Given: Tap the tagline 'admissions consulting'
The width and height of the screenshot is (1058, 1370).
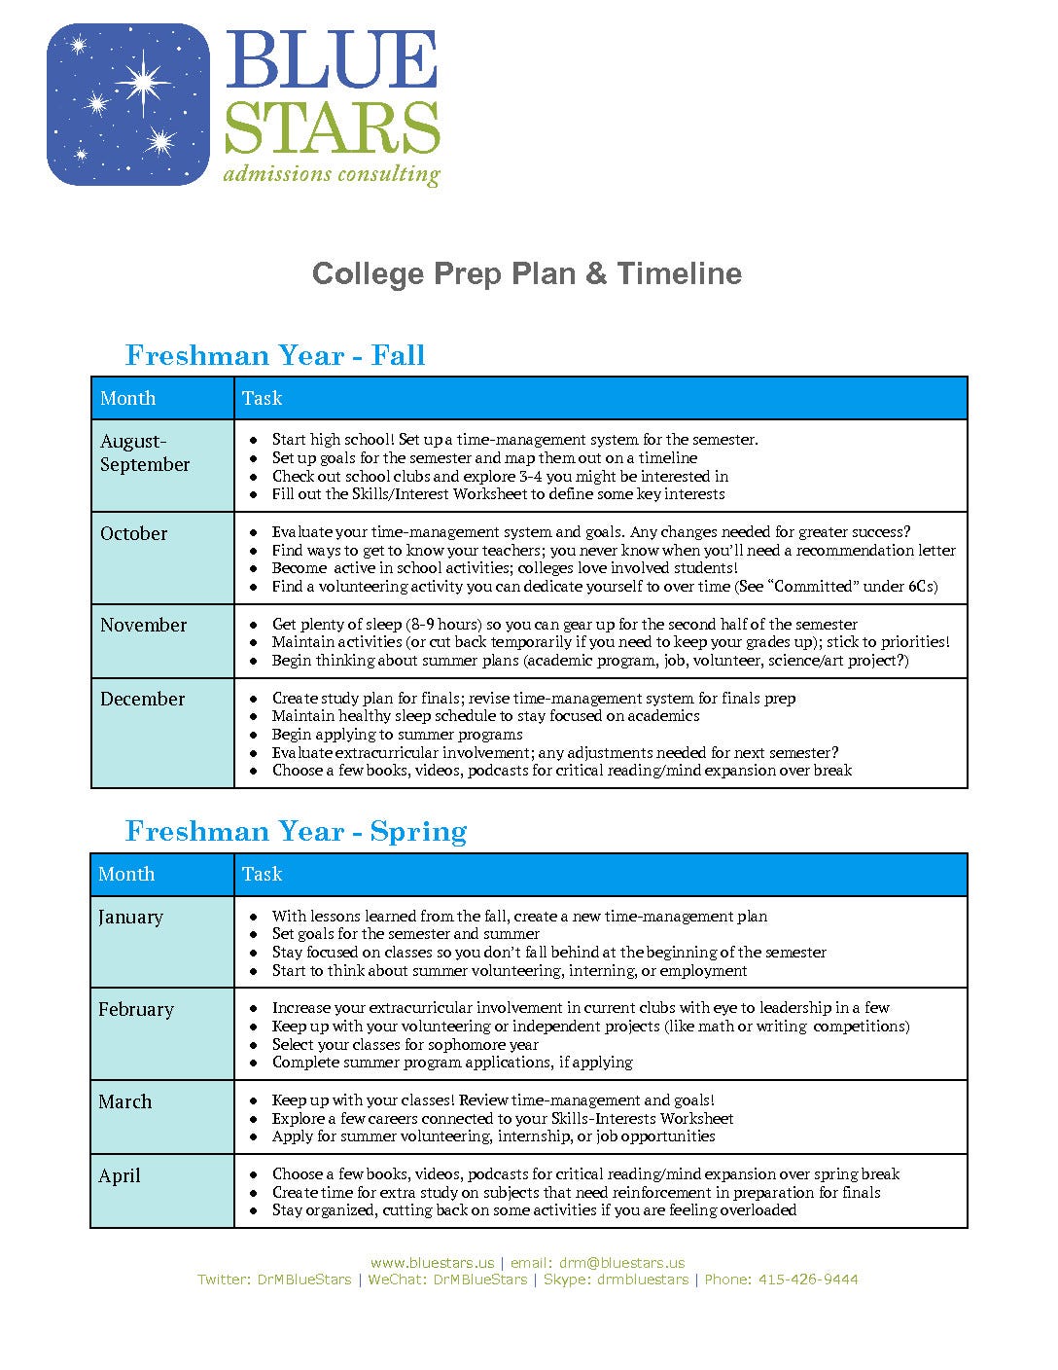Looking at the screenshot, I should (331, 174).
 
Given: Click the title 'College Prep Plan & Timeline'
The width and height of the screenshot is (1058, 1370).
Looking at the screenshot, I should (527, 273).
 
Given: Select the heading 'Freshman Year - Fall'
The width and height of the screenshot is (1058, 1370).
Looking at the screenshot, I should (275, 355).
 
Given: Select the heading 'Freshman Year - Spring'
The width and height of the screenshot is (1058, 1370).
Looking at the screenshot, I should (297, 831).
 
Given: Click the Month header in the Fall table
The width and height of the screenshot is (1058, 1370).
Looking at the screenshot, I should (127, 398).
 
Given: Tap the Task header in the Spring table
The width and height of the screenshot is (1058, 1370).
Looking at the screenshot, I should (263, 874).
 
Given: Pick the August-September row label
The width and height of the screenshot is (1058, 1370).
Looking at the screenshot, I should (144, 452).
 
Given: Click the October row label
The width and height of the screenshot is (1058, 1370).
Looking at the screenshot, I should (133, 533).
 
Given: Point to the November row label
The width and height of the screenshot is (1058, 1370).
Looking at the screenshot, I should (143, 625).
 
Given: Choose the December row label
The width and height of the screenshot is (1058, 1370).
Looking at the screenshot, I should (142, 699).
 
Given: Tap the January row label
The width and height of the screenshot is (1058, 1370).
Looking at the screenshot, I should (130, 917).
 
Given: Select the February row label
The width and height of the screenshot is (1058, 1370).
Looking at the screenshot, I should (136, 1009).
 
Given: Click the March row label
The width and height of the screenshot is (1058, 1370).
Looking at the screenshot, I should (125, 1101).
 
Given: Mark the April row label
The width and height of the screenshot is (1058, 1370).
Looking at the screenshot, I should (120, 1175).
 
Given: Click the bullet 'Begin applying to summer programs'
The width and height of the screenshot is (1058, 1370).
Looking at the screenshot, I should (397, 734).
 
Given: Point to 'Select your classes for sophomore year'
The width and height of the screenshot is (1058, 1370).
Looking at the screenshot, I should (405, 1044).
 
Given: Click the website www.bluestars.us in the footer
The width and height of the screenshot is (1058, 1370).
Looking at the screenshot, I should (432, 1263).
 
